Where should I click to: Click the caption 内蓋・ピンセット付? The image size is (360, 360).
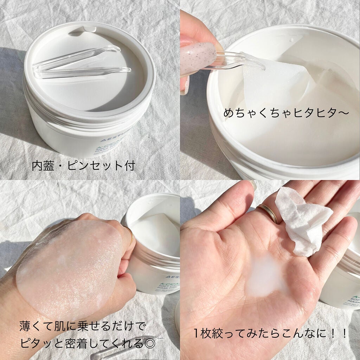click(83, 166)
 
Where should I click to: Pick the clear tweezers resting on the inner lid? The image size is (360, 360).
click(83, 63)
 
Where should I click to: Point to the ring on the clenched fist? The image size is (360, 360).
click(131, 237)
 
